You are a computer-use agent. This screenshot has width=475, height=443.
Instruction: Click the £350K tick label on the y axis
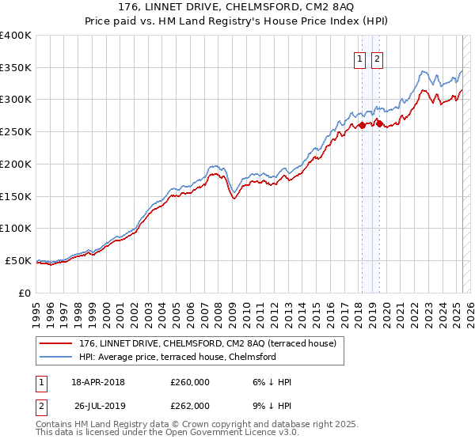[x=16, y=68]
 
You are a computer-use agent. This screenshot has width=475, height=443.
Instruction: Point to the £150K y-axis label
[x=16, y=196]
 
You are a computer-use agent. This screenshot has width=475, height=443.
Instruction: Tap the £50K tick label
[x=19, y=260]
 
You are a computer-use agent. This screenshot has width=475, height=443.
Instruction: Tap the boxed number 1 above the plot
[x=360, y=59]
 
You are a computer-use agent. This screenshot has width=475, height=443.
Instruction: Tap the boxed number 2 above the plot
[x=376, y=59]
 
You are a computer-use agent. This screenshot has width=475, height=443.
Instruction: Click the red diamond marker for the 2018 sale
[x=362, y=125]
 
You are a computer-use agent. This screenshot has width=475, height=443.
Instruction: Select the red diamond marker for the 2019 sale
[x=379, y=123]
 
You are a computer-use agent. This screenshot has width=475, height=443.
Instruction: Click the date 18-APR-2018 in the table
[x=98, y=382]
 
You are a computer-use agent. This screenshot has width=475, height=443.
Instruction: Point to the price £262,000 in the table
[x=190, y=406]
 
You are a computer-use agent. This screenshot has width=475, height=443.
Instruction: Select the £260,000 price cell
[x=190, y=382]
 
